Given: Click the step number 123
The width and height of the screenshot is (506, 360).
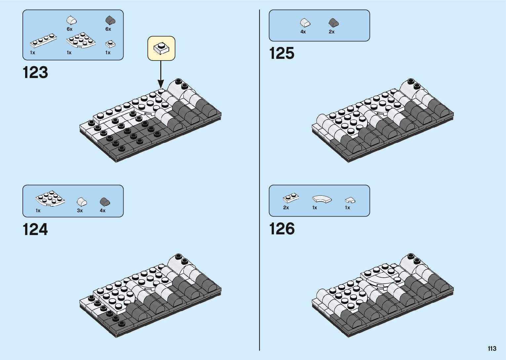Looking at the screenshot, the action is click(x=35, y=72).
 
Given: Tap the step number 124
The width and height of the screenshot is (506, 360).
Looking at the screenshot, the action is click(x=35, y=229).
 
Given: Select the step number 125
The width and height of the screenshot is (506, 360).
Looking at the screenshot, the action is click(x=282, y=53).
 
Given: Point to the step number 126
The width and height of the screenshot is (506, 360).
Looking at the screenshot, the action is click(x=282, y=229).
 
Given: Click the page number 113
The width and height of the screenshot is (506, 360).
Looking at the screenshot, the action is click(x=492, y=348).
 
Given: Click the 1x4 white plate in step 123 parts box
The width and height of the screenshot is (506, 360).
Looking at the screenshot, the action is click(x=43, y=41).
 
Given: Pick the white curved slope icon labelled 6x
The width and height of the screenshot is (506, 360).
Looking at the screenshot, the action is click(x=71, y=20).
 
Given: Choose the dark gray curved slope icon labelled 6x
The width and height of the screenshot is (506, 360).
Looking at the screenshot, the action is click(x=110, y=20).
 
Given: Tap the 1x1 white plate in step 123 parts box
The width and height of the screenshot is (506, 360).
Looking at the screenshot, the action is click(x=110, y=44).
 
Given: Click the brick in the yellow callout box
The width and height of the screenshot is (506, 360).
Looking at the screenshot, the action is click(x=161, y=48).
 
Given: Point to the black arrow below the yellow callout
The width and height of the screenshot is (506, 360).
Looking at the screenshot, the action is click(x=161, y=74).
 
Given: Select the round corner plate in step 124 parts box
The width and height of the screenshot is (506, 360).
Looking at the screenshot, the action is click(x=50, y=198).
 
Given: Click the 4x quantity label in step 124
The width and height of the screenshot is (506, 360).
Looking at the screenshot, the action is click(x=102, y=211).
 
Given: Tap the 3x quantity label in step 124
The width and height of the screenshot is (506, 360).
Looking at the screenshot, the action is click(x=80, y=211).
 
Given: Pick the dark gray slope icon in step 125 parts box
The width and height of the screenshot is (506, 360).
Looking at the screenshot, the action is click(x=333, y=23).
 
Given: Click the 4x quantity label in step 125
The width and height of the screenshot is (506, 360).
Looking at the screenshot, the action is click(x=303, y=32).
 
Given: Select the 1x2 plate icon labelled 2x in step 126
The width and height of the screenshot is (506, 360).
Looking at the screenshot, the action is click(x=291, y=198).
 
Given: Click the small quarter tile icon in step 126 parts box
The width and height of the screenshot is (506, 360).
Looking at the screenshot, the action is click(x=350, y=200).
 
